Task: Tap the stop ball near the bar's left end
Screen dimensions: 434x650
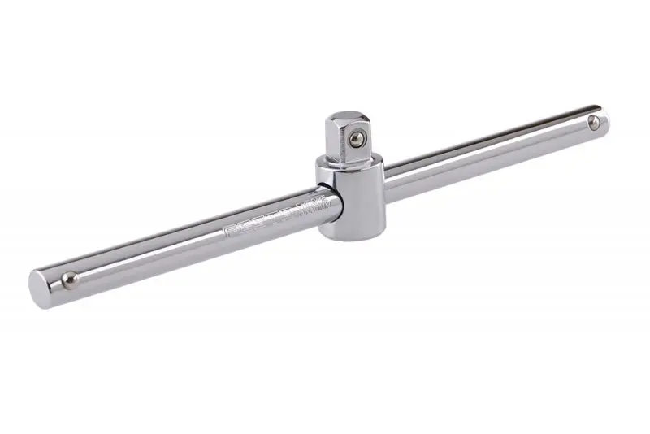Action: (x=71, y=279)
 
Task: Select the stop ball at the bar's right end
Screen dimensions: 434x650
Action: (x=594, y=123)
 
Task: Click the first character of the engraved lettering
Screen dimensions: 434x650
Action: (x=228, y=232)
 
